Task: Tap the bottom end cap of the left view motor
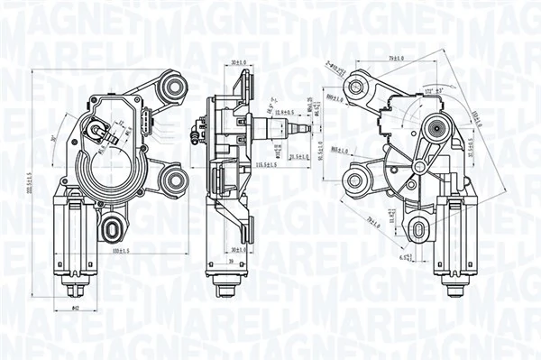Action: (x=75, y=291)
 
